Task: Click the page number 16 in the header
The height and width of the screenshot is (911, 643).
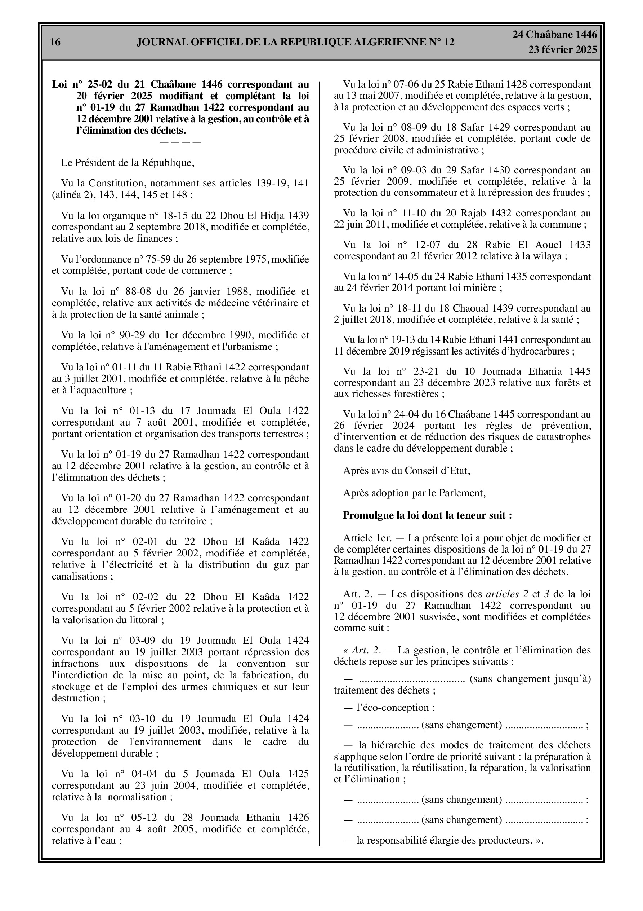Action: [55, 42]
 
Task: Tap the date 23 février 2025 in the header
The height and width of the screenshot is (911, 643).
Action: [562, 50]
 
